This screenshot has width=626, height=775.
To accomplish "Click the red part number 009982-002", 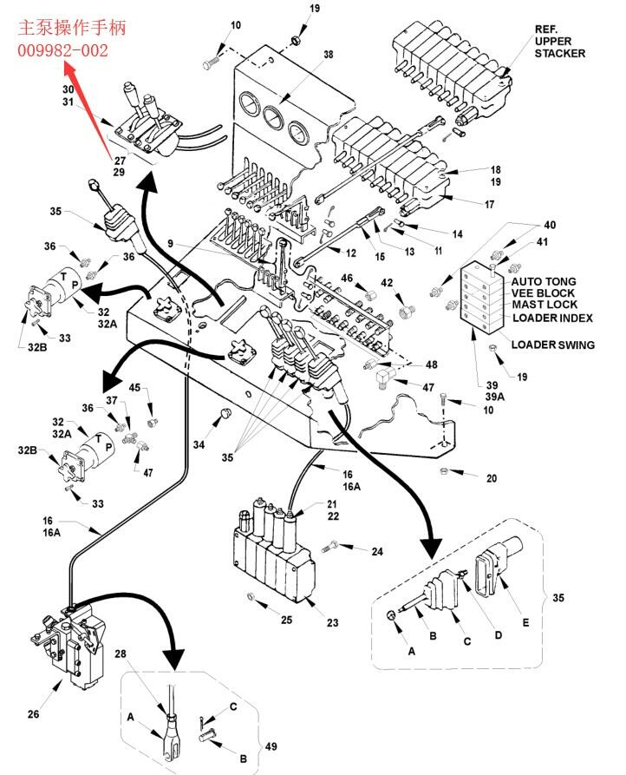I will (63, 51).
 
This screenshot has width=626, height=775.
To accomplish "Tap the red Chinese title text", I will (72, 28).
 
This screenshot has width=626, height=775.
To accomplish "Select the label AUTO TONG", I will (542, 282).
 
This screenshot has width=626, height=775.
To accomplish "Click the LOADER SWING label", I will (552, 345).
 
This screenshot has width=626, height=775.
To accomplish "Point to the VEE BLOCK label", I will (543, 293).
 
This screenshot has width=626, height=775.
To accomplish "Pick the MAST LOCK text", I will (544, 305).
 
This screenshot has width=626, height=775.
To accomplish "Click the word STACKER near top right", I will (559, 54).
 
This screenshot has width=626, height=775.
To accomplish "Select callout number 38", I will (328, 54).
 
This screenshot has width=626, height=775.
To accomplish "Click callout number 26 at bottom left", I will (33, 715).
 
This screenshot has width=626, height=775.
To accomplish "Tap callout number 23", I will (333, 623).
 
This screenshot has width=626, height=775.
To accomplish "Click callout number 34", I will (199, 445).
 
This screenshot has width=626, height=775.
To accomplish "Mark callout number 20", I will (492, 477).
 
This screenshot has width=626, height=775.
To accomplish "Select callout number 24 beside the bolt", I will (377, 552).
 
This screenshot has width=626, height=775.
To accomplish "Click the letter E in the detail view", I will (524, 623).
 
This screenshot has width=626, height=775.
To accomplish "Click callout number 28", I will (145, 653).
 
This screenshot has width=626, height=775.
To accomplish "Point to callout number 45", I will (134, 387).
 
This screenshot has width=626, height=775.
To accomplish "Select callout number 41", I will (543, 241).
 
